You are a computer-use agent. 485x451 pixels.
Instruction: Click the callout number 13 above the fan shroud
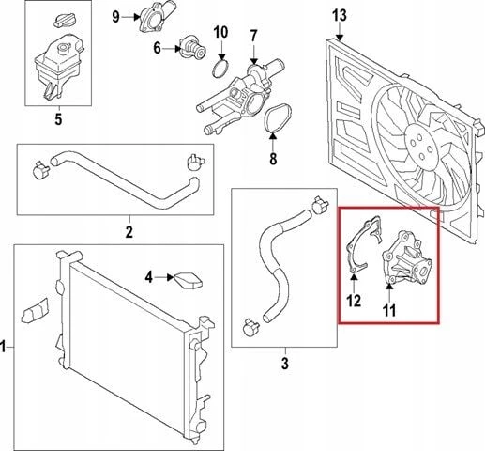click(x=340, y=16)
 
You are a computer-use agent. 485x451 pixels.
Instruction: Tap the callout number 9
click(x=116, y=17)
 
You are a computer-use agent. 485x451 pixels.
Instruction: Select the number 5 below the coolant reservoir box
click(x=58, y=119)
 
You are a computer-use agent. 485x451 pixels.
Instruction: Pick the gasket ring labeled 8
click(x=279, y=119)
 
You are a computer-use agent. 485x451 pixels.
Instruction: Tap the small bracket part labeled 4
click(x=188, y=280)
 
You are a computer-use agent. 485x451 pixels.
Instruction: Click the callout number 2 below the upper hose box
click(x=129, y=231)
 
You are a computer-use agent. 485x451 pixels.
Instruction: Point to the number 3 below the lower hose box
click(x=285, y=364)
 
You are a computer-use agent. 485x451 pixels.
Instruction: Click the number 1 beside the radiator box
click(x=3, y=347)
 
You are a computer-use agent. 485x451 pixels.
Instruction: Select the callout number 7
click(x=253, y=37)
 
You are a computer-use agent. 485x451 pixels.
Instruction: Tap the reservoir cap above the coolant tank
click(x=63, y=21)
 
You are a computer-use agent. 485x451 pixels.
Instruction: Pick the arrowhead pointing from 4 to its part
click(x=170, y=277)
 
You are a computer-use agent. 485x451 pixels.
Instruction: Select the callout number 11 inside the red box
click(x=389, y=310)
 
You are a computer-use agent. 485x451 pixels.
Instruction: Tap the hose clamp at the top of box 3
click(x=321, y=205)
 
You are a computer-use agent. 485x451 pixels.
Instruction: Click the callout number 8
click(x=273, y=159)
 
